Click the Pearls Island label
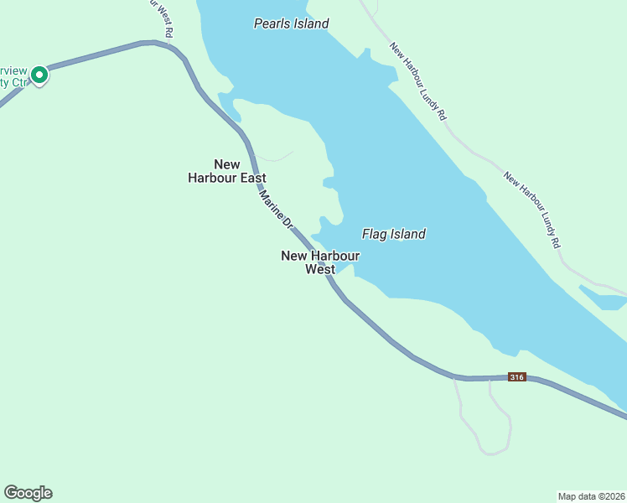pos(291,23)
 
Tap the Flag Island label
pos(393,234)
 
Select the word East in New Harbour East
pos(250,178)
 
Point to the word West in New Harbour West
pos(320,269)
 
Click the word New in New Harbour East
pos(227,164)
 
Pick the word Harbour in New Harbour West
pos(334,256)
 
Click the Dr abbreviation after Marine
pos(287,223)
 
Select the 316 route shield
pos(517,378)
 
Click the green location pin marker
pos(39,75)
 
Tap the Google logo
pos(28,493)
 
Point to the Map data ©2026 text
pos(591,495)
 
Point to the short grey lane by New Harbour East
pos(275,157)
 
